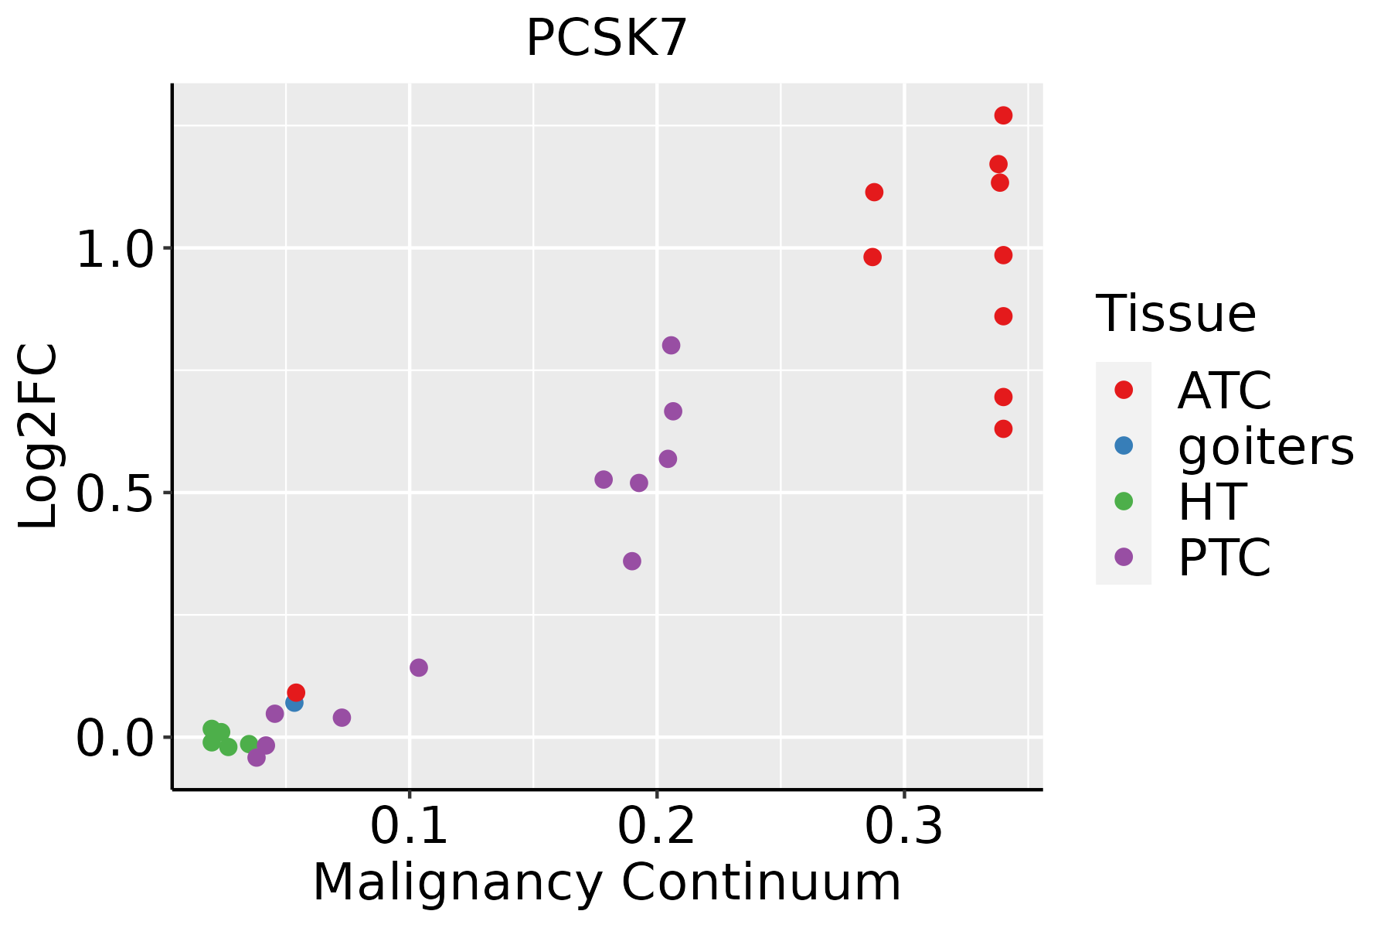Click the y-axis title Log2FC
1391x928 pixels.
39,437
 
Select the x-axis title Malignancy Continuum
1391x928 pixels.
607,882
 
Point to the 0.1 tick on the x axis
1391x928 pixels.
410,827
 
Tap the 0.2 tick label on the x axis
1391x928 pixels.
656,827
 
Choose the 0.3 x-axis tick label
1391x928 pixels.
903,827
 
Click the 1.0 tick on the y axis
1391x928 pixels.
117,250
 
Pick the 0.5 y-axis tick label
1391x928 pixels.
117,493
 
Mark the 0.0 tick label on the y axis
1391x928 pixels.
117,739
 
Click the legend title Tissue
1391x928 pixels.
1176,314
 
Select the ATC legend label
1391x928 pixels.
1224,391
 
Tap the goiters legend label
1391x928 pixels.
1266,446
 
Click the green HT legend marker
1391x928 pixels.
1124,501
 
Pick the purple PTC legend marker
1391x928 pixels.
1124,557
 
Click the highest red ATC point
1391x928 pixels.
1003,115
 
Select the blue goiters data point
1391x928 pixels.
294,703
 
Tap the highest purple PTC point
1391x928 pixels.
671,345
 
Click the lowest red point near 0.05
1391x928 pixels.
296,692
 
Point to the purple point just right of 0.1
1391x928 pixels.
419,667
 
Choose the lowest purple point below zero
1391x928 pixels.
257,758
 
